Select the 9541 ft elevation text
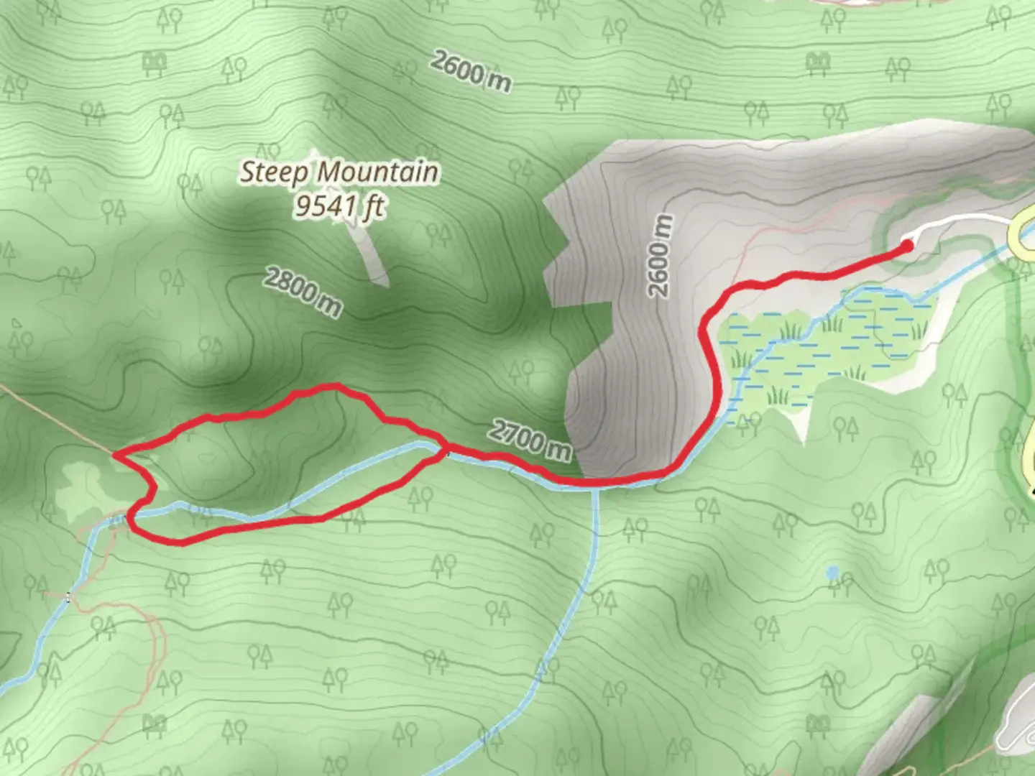[339, 206]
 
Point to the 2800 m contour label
[302, 291]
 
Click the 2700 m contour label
[531, 439]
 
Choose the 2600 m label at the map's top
[471, 71]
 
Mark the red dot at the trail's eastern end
[907, 246]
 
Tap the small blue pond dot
[832, 573]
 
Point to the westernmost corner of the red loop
[115, 455]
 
